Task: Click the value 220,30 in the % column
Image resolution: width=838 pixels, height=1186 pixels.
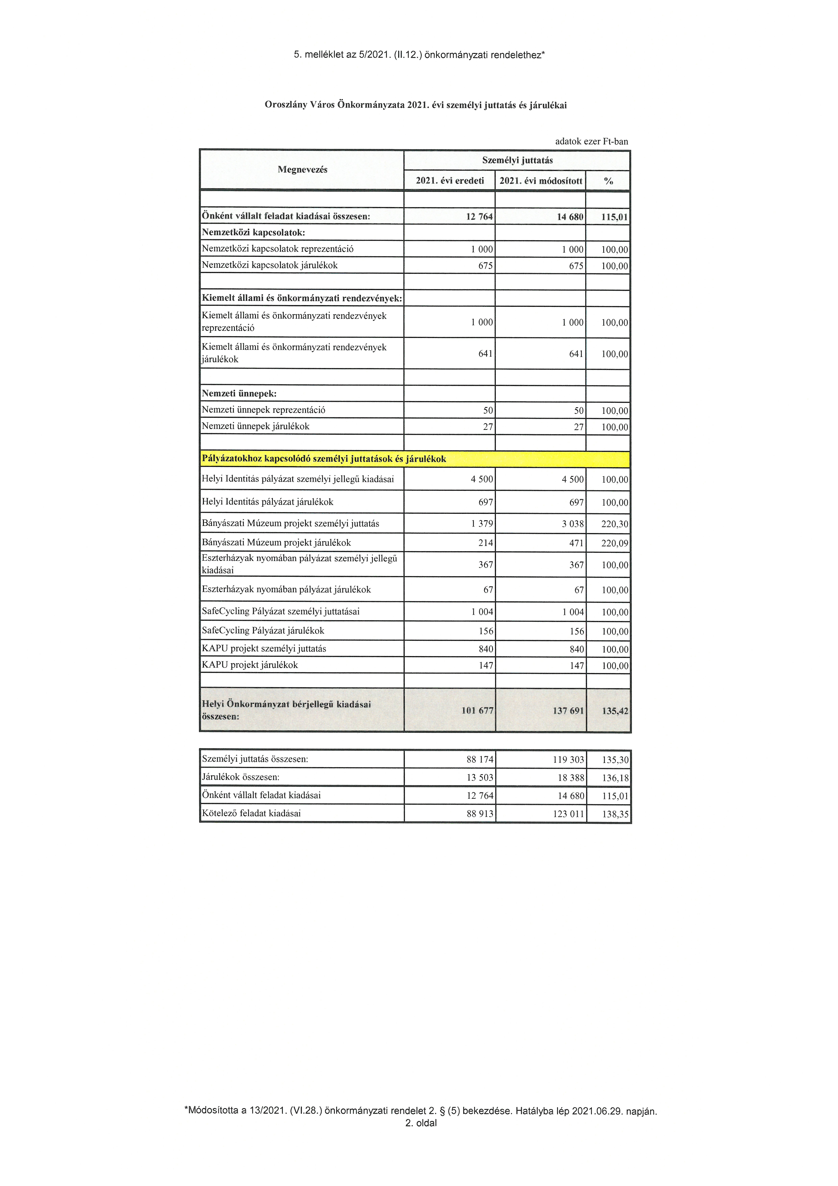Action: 614,524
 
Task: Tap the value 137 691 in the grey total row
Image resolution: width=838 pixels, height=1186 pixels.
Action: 568,711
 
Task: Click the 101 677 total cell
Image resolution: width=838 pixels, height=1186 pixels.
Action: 477,711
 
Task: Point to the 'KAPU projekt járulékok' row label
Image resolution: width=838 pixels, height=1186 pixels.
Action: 250,665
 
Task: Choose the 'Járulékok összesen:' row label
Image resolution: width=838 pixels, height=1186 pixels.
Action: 241,777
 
